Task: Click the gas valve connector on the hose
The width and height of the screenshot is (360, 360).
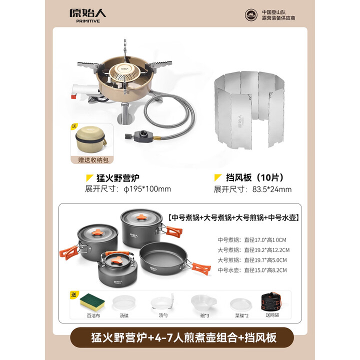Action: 144,135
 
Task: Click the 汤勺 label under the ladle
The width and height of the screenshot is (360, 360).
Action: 163,316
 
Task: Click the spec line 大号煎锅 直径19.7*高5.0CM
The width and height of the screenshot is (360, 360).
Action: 253,259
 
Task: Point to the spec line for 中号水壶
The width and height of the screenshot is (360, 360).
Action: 253,270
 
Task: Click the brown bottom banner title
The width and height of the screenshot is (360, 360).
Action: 180,337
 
